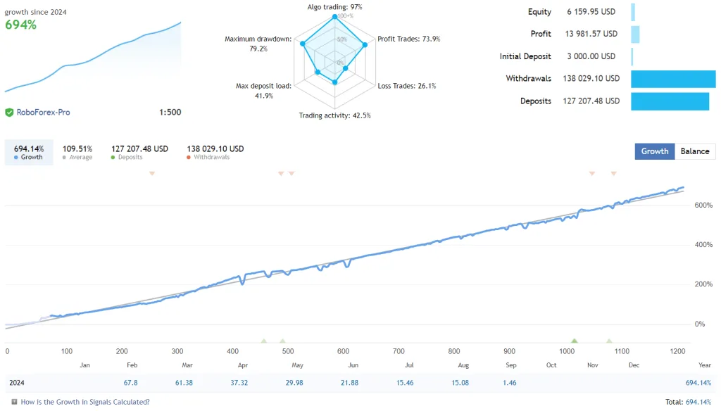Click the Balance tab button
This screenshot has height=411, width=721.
pos(695,151)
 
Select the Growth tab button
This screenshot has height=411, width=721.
pos(654,151)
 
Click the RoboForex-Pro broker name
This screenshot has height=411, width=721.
pos(43,112)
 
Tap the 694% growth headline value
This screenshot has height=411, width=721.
pos(21,25)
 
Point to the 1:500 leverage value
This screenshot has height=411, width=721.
pos(170,112)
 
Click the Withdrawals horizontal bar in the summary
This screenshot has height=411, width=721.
pos(672,79)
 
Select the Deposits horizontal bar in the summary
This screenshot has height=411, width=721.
pos(670,101)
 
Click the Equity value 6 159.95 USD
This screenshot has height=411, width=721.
pos(591,12)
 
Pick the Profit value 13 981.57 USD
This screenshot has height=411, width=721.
pos(591,34)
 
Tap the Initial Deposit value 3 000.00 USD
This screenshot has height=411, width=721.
pos(591,56)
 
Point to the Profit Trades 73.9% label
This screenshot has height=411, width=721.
pos(408,39)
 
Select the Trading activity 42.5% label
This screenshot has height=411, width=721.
pos(334,115)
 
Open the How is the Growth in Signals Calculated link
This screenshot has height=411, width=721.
pos(84,402)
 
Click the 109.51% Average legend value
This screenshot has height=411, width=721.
pos(78,148)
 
